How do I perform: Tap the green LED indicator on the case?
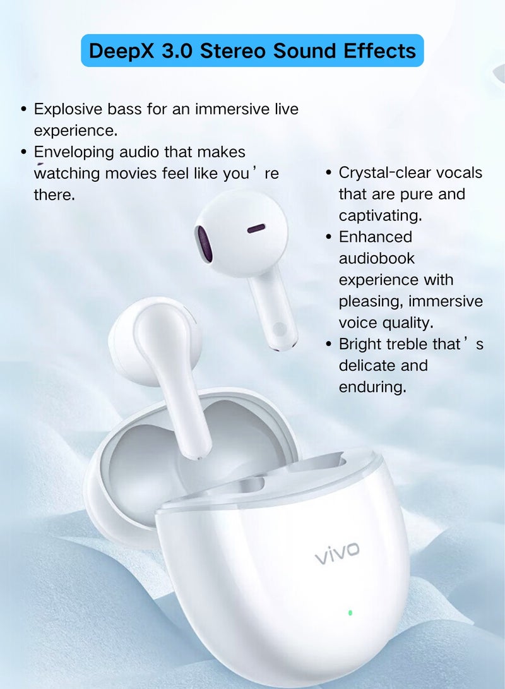tap(350, 612)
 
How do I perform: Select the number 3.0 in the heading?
tap(177, 51)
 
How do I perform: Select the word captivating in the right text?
tap(380, 215)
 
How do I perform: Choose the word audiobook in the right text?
tap(377, 258)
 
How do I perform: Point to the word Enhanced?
tap(375, 237)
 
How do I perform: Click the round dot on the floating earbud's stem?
tap(278, 328)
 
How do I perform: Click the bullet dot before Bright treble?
tap(329, 345)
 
